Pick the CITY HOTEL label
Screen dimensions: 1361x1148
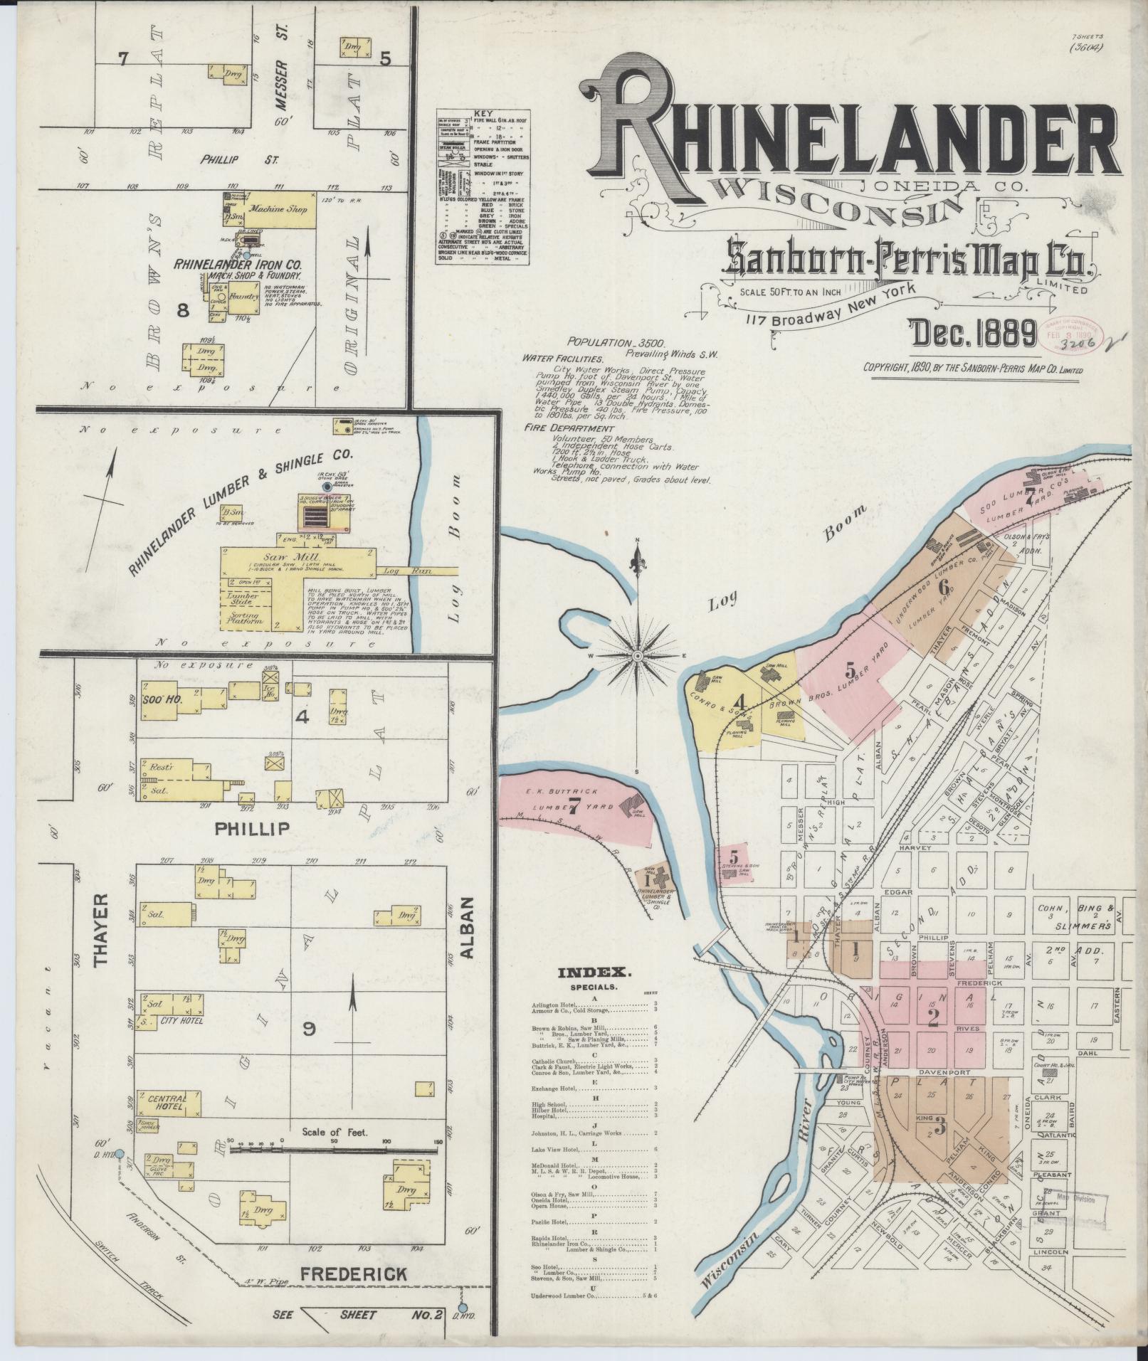(x=183, y=1020)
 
